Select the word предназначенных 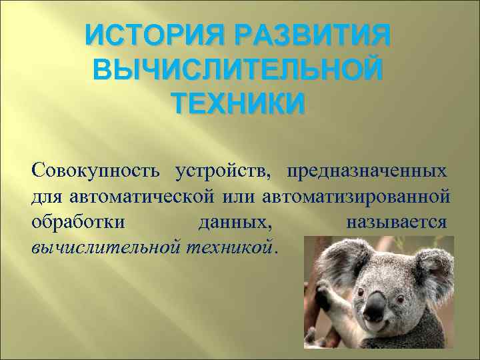(367, 171)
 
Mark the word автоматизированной (357, 196)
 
